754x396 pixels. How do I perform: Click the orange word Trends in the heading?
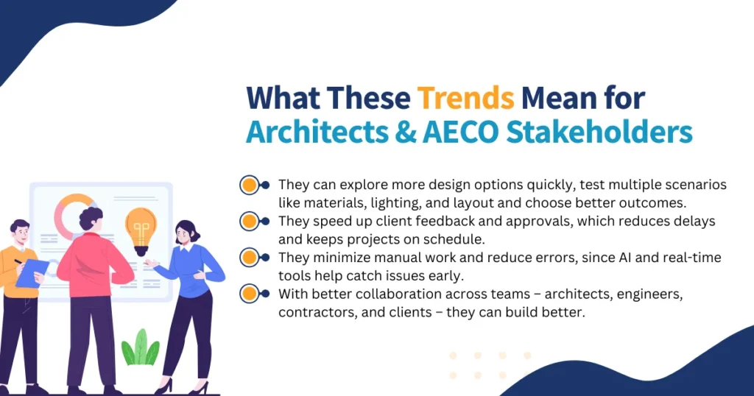click(465, 98)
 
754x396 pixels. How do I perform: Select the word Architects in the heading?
click(317, 132)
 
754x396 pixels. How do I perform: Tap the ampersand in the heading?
click(406, 132)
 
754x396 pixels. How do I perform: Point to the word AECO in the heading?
click(461, 132)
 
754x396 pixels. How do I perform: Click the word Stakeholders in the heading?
click(599, 132)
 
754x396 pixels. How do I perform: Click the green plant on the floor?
click(140, 347)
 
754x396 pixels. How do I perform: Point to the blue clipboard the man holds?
click(32, 273)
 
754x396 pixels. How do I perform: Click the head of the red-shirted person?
click(91, 219)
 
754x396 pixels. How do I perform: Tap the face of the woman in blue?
click(183, 236)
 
